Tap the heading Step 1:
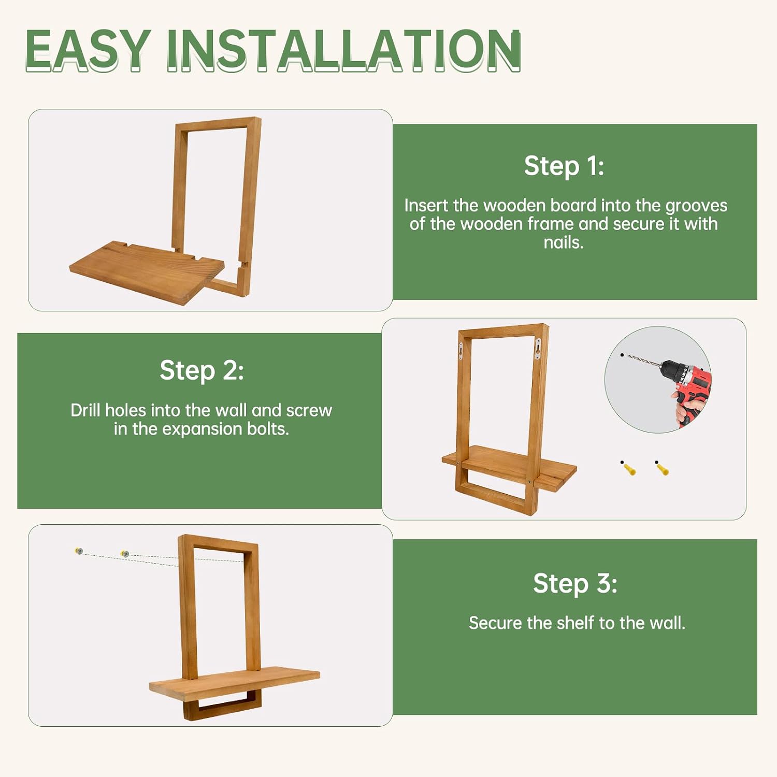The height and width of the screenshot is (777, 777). [x=564, y=166]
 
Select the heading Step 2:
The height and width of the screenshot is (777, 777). [x=202, y=370]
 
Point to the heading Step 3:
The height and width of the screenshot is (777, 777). [x=575, y=583]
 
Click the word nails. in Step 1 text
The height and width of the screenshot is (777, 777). [x=564, y=242]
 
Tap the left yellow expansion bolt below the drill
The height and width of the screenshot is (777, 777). [x=628, y=468]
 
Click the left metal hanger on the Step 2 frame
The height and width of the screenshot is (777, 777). [x=461, y=351]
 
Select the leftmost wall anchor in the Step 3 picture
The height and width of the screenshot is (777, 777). [x=79, y=551]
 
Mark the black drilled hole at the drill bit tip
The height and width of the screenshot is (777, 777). [x=622, y=355]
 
